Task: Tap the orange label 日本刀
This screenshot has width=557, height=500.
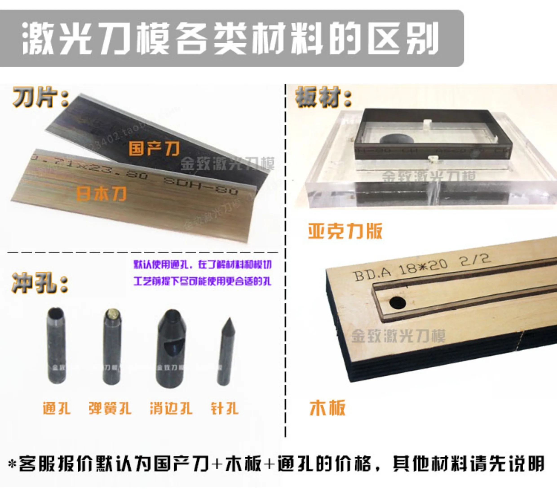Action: pos(101,193)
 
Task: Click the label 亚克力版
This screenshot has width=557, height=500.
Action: pos(345,231)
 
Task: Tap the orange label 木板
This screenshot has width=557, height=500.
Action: pos(327,408)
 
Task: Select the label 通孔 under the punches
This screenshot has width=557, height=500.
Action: pos(57,408)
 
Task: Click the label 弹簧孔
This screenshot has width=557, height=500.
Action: pos(110,408)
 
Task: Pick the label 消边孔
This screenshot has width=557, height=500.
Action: pos(171,408)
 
